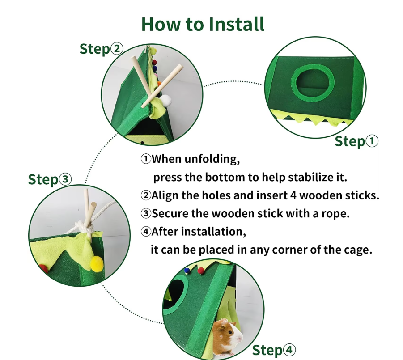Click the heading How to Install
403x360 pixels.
pos(203,24)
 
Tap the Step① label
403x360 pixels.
pos(356,141)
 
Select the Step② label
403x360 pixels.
pos(101,49)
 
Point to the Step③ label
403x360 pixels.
pos(50,179)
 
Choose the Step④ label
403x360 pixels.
pos(274,350)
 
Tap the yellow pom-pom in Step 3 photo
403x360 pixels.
pos(97,263)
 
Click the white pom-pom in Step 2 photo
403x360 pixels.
pos(165,100)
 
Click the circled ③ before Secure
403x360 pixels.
pos(146,213)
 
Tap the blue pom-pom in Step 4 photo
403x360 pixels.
pos(187,270)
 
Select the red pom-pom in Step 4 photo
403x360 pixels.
pos(201,270)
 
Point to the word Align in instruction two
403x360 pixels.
pos(165,196)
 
